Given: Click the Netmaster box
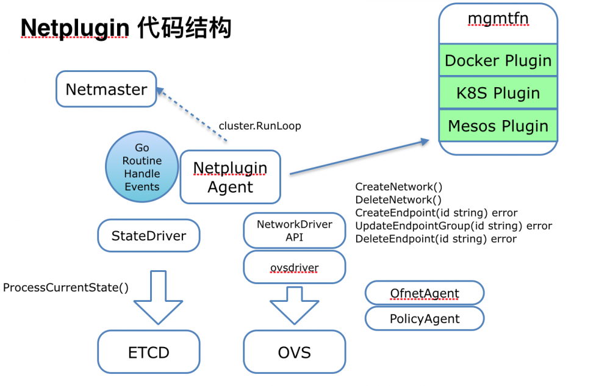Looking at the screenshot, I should (x=106, y=90).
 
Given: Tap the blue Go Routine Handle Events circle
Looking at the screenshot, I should (x=142, y=167).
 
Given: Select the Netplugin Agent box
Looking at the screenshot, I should (x=230, y=177).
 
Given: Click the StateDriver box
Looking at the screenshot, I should (x=148, y=236).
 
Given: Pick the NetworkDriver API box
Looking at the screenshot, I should (x=294, y=231).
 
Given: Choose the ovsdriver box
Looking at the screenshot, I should (x=294, y=268).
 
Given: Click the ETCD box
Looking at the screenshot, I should (x=148, y=352).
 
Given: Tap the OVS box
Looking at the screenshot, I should (x=294, y=352).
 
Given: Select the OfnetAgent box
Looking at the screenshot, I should (x=425, y=294).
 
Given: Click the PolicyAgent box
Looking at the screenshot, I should (x=425, y=318).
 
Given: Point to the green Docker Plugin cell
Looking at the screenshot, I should (x=498, y=60).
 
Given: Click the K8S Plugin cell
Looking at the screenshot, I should (x=498, y=93).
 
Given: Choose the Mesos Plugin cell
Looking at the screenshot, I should (x=498, y=126).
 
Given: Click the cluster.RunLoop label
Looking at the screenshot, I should (x=260, y=126).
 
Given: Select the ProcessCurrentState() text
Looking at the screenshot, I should (x=66, y=287).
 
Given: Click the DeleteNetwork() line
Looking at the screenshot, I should (x=398, y=199).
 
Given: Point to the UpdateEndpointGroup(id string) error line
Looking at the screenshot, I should (x=453, y=226).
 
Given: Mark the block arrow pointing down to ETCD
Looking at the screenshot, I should (x=157, y=299).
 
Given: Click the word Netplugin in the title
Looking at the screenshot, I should (x=74, y=28).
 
